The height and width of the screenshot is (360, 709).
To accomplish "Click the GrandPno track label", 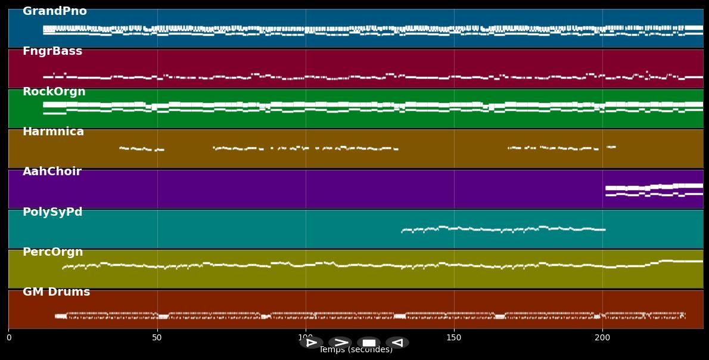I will pyautogui.click(x=54, y=11).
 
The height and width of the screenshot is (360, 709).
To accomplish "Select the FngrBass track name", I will pyautogui.click(x=52, y=51).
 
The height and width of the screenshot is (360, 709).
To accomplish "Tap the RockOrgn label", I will pyautogui.click(x=54, y=92).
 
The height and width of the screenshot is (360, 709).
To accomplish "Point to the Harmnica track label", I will pyautogui.click(x=53, y=132).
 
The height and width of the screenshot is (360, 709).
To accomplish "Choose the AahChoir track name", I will pyautogui.click(x=52, y=172).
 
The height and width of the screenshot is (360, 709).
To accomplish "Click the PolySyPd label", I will pyautogui.click(x=52, y=212).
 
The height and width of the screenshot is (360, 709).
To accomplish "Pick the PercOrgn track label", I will pyautogui.click(x=52, y=252).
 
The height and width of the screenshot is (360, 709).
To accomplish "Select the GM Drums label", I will pyautogui.click(x=56, y=292).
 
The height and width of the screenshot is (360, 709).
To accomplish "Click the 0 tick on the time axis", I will pyautogui.click(x=8, y=338).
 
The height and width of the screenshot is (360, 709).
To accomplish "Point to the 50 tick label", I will pyautogui.click(x=157, y=338).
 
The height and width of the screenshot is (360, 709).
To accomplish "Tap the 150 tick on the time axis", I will pyautogui.click(x=454, y=338).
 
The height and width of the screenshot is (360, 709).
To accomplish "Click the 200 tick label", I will pyautogui.click(x=602, y=338).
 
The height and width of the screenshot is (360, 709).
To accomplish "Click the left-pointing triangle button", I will pyautogui.click(x=397, y=343).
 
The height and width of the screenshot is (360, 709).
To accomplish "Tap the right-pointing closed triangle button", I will pyautogui.click(x=311, y=343).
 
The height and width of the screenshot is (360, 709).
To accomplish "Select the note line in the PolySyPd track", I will pyautogui.click(x=503, y=228).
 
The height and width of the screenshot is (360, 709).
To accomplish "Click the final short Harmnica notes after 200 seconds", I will pyautogui.click(x=611, y=147).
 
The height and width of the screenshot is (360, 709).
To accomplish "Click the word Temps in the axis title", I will pyautogui.click(x=332, y=350).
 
